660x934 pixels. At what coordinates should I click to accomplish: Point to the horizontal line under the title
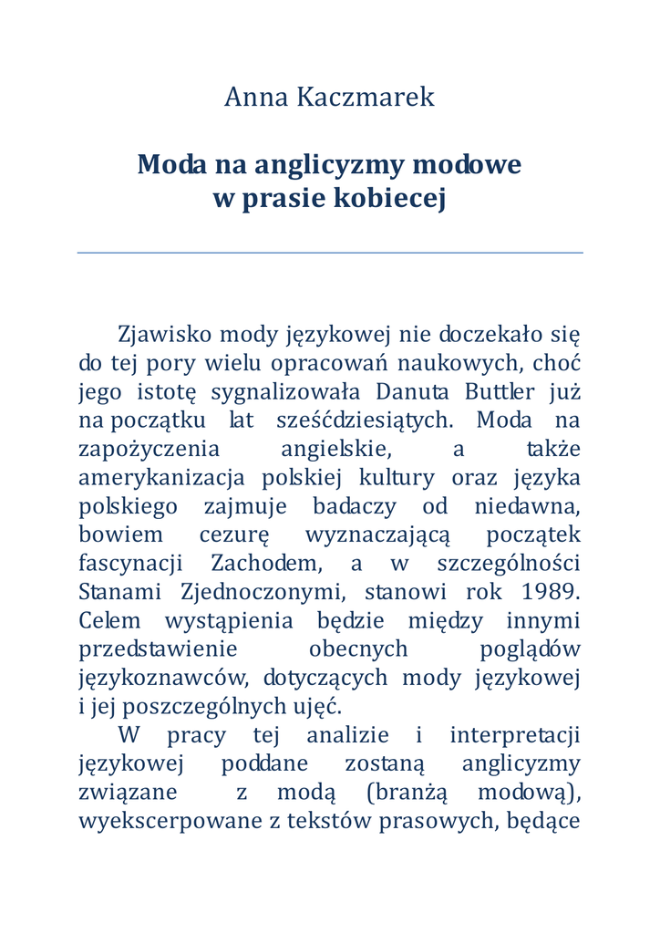pos(330,253)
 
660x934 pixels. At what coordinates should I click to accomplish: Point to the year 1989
pos(551,591)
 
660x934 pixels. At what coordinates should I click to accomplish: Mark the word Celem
pos(110,620)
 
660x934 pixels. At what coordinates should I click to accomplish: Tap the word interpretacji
pos(515,734)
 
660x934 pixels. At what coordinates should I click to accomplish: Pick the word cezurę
pos(227,534)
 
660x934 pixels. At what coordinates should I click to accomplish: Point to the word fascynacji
pos(130,563)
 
